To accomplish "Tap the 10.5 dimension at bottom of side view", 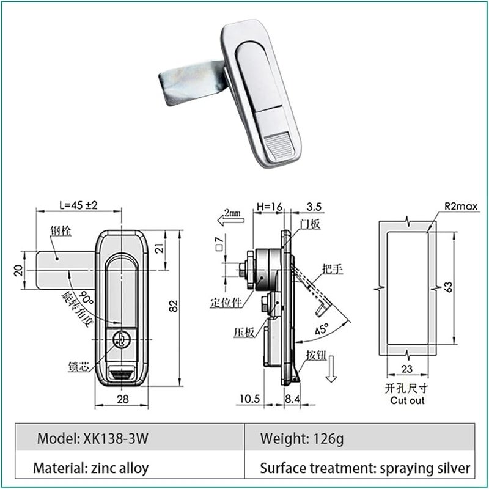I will click(x=249, y=399).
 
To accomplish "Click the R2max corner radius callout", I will click(x=460, y=207).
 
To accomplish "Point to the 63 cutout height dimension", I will click(x=450, y=286).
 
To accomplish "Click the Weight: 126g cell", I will click(x=299, y=438).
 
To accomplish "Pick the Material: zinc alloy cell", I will click(x=91, y=469).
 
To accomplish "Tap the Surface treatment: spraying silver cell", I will click(x=365, y=469).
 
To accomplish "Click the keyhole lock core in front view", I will click(x=120, y=337).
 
